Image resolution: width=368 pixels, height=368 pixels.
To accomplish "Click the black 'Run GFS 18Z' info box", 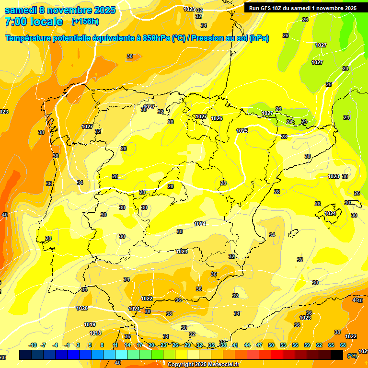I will click(302, 8).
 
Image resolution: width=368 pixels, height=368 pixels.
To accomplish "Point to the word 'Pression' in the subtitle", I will click(208, 38).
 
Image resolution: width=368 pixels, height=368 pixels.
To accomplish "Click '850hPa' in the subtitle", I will click(156, 38).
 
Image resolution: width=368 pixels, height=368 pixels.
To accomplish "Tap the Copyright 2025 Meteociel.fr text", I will click(204, 365).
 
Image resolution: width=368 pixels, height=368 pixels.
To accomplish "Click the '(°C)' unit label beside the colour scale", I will click(352, 355).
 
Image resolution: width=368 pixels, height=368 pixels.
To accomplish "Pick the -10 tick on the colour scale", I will click(33, 345).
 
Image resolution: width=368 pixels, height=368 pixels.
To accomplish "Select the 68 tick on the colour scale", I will click(343, 345).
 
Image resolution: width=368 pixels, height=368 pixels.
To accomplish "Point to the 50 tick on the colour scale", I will click(271, 345).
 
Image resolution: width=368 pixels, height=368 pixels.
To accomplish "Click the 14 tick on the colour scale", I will click(127, 345).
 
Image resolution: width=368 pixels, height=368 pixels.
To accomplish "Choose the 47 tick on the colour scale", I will click(259, 345).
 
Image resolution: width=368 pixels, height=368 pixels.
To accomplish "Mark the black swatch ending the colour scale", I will click(337, 355).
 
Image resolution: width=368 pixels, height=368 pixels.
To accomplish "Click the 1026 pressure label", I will click(217, 118).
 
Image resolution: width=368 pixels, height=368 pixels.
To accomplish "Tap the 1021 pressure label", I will click(134, 309).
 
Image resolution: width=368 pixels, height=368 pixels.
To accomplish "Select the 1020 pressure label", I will click(82, 308).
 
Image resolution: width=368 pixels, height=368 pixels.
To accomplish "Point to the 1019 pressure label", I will click(90, 324).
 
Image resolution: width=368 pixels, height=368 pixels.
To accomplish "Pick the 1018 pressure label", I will click(95, 333).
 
